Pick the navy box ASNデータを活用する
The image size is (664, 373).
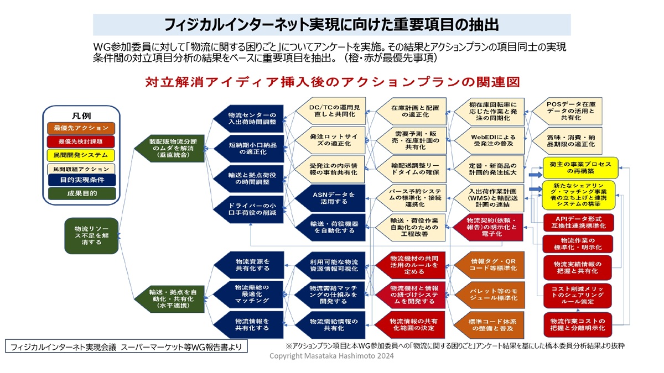point(330,198)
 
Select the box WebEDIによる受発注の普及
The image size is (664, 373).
point(486,140)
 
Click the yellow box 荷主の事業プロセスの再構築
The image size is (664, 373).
point(580,167)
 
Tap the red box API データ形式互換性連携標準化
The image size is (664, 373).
point(578,222)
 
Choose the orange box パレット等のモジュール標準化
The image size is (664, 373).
point(486,294)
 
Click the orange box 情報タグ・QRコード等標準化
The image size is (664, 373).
point(486,265)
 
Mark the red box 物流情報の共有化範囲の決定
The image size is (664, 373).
point(411,324)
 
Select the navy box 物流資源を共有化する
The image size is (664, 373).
point(248,265)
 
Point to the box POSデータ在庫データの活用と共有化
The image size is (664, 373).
point(563,111)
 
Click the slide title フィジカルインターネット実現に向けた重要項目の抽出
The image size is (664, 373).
point(331,24)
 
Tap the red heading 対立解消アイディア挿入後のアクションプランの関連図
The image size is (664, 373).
point(332,82)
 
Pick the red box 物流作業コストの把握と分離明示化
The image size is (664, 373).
point(578,324)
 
